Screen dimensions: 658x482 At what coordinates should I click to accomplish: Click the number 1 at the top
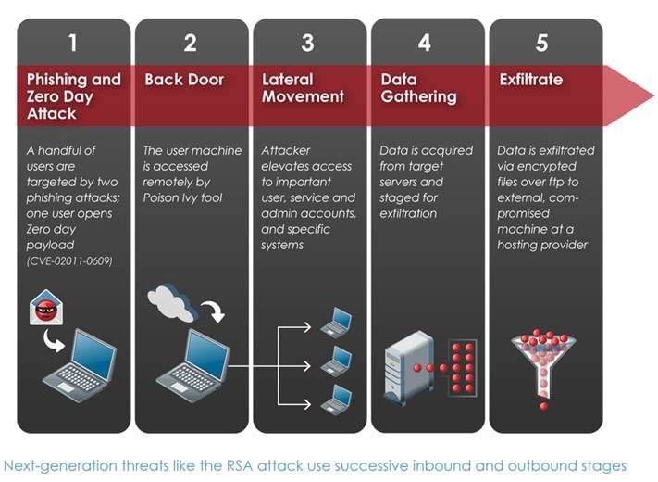tap(73, 43)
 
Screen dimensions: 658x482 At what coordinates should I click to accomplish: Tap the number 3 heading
tap(307, 43)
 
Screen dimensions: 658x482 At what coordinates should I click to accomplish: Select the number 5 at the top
tap(541, 43)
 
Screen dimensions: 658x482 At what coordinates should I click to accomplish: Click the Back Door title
tap(184, 80)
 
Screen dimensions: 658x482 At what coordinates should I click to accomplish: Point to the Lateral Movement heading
tap(303, 88)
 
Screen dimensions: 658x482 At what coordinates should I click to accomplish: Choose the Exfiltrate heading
tap(531, 80)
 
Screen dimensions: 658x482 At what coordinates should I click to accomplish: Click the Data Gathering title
tap(418, 88)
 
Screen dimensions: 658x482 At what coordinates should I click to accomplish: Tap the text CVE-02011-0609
tap(69, 261)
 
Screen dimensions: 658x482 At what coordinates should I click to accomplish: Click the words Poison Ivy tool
tap(182, 197)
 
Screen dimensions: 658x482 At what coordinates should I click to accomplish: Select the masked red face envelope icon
tap(46, 308)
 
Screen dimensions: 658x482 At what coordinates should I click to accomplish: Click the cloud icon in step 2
tap(171, 302)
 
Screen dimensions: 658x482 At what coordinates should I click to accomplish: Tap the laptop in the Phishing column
tap(81, 366)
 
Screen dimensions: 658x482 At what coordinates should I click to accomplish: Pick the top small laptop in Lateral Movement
tap(337, 323)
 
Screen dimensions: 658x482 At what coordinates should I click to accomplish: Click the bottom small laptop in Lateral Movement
tap(337, 400)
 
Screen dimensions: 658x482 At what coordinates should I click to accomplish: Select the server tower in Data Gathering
tap(409, 368)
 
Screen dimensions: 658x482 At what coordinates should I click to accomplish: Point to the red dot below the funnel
tap(544, 406)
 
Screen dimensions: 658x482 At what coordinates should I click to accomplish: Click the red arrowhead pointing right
tap(628, 95)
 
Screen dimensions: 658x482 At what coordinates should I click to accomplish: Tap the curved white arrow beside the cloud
tap(213, 311)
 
